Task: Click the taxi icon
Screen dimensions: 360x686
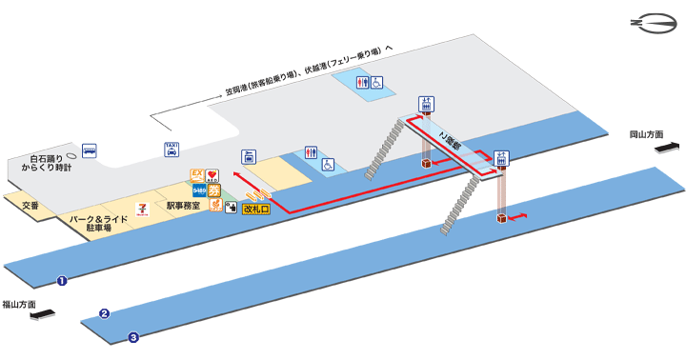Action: (x=171, y=149)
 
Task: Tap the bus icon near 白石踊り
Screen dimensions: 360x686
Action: (x=88, y=150)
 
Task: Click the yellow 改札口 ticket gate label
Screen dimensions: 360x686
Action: (x=256, y=207)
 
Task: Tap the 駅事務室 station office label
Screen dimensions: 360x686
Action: (x=182, y=206)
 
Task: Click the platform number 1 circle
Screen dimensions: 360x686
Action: (x=62, y=281)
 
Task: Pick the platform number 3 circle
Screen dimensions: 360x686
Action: (x=133, y=336)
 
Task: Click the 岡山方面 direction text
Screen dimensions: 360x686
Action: (x=647, y=135)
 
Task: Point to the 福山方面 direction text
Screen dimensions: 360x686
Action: (x=19, y=305)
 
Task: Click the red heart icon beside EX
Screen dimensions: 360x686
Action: (x=212, y=175)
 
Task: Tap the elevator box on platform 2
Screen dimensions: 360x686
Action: (x=500, y=220)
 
